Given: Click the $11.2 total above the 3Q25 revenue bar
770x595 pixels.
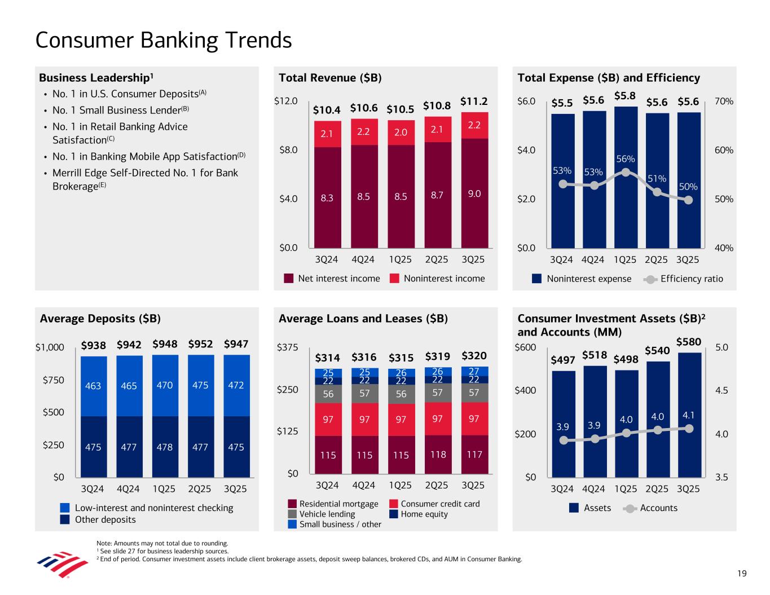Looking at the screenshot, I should tap(474, 102).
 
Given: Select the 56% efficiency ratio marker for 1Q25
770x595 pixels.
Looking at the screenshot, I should tap(625, 173).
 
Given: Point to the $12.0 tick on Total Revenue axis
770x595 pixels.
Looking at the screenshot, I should tap(286, 102).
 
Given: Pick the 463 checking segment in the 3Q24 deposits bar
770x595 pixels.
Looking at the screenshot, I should tap(94, 386).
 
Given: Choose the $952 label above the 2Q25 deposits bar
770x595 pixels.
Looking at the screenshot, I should tap(200, 344).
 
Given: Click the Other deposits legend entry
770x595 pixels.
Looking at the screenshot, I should tap(105, 519).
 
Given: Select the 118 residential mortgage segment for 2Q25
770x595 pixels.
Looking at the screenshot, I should tap(437, 454).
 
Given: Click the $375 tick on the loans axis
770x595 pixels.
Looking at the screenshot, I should tap(288, 347).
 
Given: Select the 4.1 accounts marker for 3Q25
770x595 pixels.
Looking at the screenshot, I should tap(688, 428).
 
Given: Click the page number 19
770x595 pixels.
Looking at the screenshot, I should tap(741, 574).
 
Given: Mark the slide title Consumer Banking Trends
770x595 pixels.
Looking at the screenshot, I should tap(164, 41).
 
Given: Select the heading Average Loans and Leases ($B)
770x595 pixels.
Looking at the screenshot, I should tap(363, 319).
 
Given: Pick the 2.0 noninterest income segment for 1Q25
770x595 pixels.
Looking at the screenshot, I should tap(401, 132).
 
